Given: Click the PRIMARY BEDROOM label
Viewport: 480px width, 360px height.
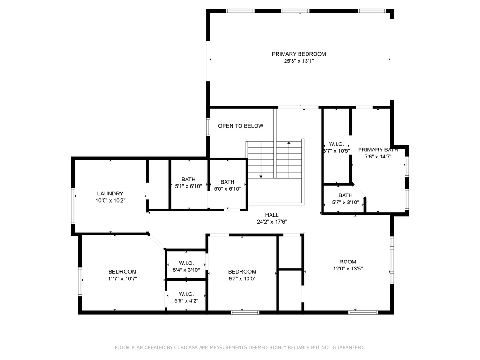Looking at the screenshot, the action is (x=299, y=54).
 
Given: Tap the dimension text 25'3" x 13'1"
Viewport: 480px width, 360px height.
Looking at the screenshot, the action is (x=299, y=61).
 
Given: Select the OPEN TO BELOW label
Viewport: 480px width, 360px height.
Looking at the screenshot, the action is (x=240, y=126).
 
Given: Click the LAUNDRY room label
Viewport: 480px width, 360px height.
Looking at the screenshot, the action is (x=110, y=194).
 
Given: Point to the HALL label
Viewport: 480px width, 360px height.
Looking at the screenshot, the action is (x=272, y=215).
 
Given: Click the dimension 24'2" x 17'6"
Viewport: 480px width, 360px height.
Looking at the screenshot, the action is (x=272, y=222).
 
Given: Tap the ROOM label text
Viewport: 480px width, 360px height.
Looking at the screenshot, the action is (x=348, y=262).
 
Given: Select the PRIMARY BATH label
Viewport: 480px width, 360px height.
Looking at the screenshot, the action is (x=378, y=150).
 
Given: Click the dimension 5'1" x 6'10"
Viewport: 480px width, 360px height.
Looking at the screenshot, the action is (x=188, y=186).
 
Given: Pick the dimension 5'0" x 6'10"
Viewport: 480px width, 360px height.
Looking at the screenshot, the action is (x=227, y=189).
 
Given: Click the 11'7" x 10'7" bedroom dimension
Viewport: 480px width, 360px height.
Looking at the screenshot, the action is (x=122, y=278).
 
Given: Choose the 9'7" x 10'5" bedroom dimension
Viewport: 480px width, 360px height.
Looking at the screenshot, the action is (x=242, y=278).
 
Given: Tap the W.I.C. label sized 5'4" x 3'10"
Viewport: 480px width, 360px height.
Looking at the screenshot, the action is (x=186, y=263).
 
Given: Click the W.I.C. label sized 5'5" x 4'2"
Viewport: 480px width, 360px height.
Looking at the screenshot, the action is (x=186, y=294).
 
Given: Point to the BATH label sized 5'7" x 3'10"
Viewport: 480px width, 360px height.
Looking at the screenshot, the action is (x=345, y=195).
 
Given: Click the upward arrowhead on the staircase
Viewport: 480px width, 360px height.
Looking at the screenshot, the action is (x=289, y=142).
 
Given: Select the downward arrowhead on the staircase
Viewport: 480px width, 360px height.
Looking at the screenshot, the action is (x=261, y=176).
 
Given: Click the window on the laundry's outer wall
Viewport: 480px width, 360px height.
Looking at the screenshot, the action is (x=73, y=205).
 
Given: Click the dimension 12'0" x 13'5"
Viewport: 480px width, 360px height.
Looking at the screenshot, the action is (x=348, y=269).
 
